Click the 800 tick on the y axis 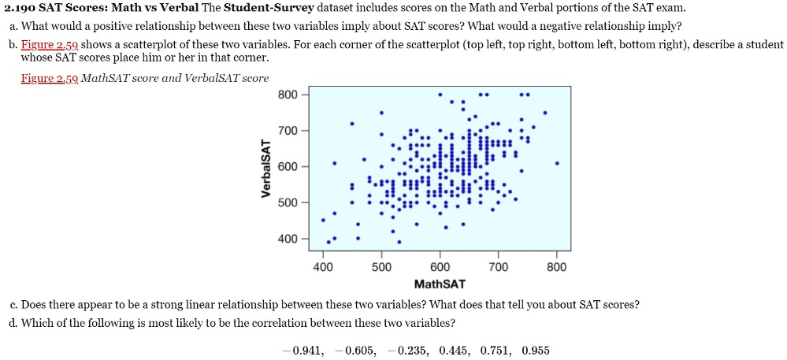tap(288, 95)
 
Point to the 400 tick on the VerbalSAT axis tap(288, 239)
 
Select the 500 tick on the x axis tap(381, 267)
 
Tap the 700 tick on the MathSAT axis tap(499, 267)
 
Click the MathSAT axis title tap(440, 284)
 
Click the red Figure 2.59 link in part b tap(48, 45)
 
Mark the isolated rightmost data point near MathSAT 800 tap(557, 164)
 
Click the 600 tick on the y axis tap(288, 166)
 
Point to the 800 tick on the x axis tap(557, 267)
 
